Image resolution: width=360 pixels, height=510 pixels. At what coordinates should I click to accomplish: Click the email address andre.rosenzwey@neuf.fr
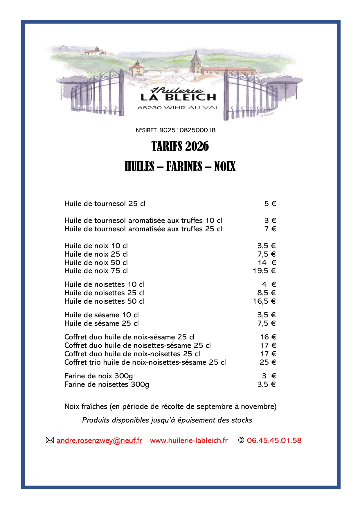(99, 441)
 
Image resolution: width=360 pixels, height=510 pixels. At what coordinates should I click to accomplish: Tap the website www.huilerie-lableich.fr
(189, 441)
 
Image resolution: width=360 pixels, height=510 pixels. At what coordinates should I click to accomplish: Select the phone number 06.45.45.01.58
(274, 441)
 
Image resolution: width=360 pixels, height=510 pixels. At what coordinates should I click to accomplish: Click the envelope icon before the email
(50, 440)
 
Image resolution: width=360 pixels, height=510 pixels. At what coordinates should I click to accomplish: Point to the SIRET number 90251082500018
(188, 130)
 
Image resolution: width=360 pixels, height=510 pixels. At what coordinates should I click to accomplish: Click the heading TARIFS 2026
(180, 146)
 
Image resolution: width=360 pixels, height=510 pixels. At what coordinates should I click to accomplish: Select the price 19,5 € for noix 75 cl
(264, 271)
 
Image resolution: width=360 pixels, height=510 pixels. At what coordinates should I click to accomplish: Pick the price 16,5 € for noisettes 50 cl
(264, 301)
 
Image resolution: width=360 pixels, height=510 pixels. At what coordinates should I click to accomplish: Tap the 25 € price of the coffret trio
(268, 362)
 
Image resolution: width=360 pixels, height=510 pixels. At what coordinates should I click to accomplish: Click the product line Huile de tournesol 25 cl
(105, 204)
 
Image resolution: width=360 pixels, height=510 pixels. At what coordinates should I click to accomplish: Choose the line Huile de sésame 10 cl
(101, 315)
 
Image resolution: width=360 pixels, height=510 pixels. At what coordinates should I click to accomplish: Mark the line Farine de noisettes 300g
(107, 384)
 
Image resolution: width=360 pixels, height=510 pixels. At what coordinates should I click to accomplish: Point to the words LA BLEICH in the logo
(178, 97)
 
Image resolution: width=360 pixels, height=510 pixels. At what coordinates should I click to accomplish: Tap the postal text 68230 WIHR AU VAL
(178, 108)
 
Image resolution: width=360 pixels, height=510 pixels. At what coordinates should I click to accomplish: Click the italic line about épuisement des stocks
(167, 420)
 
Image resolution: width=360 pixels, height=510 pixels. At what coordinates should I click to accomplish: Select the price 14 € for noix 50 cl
(267, 263)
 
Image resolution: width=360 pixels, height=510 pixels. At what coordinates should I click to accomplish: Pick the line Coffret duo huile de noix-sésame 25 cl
(129, 337)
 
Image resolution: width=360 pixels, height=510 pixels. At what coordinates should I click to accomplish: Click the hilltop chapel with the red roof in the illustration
(93, 52)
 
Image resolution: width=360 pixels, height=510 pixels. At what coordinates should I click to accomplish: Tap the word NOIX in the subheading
(225, 167)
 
